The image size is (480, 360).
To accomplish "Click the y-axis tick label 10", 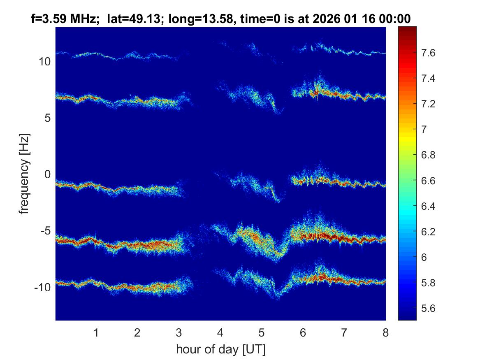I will [x=44, y=62].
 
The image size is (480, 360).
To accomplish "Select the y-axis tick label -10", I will [x=42, y=287].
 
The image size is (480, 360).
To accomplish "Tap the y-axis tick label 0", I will [x=46, y=174].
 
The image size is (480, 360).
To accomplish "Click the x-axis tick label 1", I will [x=96, y=332].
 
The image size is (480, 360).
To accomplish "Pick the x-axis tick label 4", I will [x=220, y=332].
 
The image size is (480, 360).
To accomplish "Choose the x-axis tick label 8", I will [x=385, y=332].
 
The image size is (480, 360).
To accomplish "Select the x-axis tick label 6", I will [x=303, y=332].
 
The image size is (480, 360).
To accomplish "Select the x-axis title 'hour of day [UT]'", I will [x=220, y=349].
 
